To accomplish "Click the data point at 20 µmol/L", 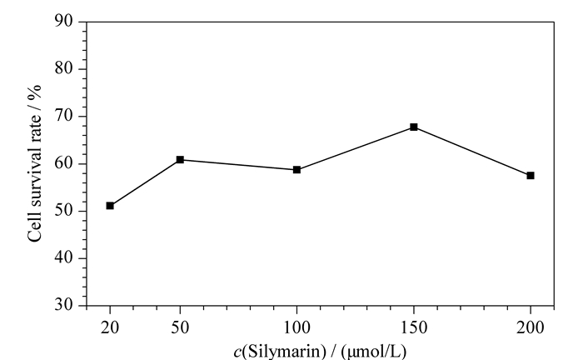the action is click(110, 206).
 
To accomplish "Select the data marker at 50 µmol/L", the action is click(180, 159).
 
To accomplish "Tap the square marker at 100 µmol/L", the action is click(296, 170).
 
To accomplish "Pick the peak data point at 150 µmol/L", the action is click(414, 127).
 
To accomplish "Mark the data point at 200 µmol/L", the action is click(531, 176).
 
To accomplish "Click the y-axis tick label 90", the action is click(64, 21).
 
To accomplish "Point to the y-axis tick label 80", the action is click(64, 68).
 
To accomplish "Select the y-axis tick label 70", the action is click(64, 116).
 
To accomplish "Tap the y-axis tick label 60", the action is click(64, 163).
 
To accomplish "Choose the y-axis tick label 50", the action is click(64, 211).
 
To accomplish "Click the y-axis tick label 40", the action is click(64, 257).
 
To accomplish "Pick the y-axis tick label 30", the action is click(64, 305).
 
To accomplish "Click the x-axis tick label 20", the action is click(110, 328).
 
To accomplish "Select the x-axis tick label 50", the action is click(180, 328).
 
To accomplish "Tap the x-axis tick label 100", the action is click(296, 328).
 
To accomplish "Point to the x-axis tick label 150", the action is click(414, 328).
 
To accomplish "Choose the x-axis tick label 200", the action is click(531, 328).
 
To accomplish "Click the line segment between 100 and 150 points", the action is click(355, 149).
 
